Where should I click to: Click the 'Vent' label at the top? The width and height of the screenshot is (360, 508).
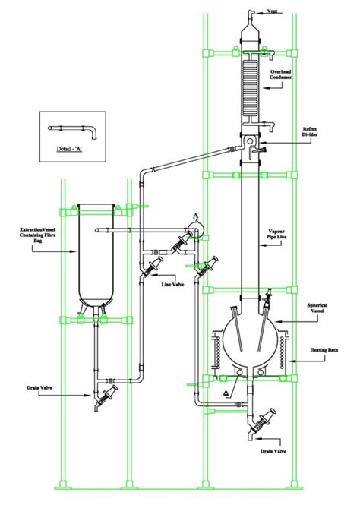click(272, 11)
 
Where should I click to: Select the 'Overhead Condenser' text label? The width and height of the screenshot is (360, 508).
click(280, 74)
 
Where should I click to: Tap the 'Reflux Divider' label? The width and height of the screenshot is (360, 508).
click(309, 131)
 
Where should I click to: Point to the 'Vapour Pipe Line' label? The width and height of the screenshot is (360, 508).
click(276, 234)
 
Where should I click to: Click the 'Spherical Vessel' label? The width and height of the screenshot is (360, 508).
click(317, 308)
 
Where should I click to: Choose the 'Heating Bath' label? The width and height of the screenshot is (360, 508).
click(324, 350)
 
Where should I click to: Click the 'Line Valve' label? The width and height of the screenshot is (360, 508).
click(172, 285)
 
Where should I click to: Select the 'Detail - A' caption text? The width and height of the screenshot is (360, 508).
click(69, 150)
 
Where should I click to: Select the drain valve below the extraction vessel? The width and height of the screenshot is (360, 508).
click(106, 398)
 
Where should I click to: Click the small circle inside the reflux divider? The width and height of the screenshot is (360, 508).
click(251, 141)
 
